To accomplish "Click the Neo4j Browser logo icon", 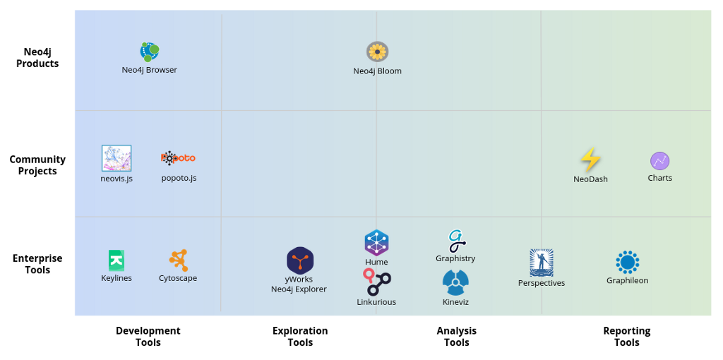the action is coord(150,52).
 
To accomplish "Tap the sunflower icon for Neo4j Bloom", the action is coord(377,52).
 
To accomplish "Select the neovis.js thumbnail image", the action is coord(116,158).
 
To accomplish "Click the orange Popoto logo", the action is coord(178,158).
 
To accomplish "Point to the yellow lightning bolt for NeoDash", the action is coord(590,160).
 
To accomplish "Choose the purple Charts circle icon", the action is coord(660,161).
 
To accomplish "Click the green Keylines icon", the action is coord(116,260).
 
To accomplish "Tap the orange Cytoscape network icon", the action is coord(179,260).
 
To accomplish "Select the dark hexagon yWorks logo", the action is coord(300,260).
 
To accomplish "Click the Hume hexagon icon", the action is coord(377,242).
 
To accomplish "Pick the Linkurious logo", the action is coord(377,282).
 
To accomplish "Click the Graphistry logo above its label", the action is coord(456,241).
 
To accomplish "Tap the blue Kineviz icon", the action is coord(455,282).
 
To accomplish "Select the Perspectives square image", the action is coord(542,263).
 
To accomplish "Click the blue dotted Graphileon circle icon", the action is coord(627,263).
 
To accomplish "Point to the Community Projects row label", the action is coord(38,165).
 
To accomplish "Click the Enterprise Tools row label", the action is coord(37,264).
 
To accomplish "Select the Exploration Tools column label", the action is coord(300,337).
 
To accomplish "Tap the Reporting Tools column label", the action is coord(627,337).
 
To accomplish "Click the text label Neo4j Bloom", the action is coord(377,71).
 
